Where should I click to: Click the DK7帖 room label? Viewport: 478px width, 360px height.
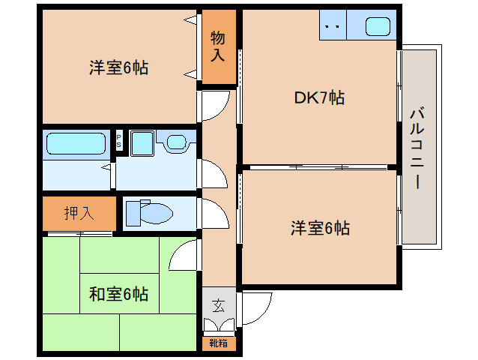pyautogui.click(x=319, y=97)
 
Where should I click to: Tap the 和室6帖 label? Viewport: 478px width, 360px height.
pyautogui.click(x=118, y=294)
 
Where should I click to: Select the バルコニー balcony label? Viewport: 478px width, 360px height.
pyautogui.click(x=417, y=148)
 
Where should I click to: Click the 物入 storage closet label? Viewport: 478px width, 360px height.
pyautogui.click(x=218, y=46)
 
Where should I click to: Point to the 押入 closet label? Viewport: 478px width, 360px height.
pyautogui.click(x=79, y=213)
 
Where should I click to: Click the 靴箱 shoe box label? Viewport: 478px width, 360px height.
pyautogui.click(x=218, y=343)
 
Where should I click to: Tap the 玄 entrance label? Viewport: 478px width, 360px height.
pyautogui.click(x=218, y=306)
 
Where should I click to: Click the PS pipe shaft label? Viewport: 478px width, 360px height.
pyautogui.click(x=119, y=141)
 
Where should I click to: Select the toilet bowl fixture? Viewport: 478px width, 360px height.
pyautogui.click(x=149, y=213)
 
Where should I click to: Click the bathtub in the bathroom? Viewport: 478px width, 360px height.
pyautogui.click(x=76, y=143)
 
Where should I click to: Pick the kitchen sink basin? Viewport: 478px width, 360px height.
pyautogui.click(x=378, y=26)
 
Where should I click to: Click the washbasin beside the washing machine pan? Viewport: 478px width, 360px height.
pyautogui.click(x=176, y=142)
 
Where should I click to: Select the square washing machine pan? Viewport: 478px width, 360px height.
pyautogui.click(x=142, y=143)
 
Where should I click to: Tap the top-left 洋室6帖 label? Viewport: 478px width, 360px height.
pyautogui.click(x=118, y=67)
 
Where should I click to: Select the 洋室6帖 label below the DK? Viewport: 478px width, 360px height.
pyautogui.click(x=320, y=228)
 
